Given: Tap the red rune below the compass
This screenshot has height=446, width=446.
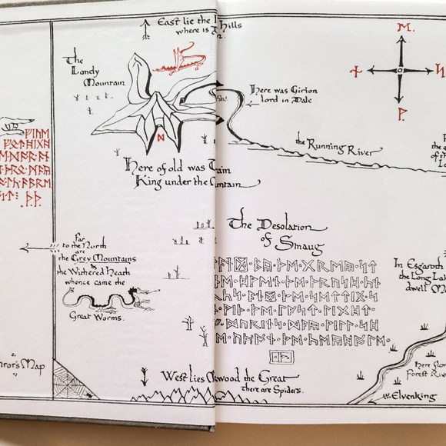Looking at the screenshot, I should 400,114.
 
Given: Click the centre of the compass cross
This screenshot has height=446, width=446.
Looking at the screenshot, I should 400,70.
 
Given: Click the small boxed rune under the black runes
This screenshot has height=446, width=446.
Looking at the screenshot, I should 278,356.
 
